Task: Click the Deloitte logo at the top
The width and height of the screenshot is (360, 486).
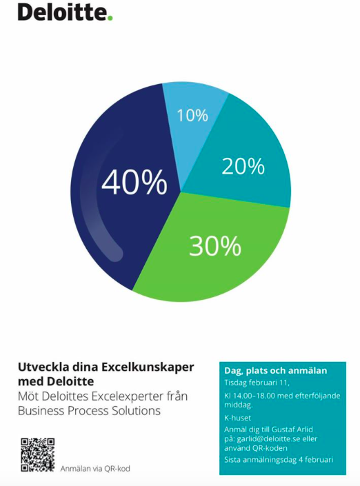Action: point(65,12)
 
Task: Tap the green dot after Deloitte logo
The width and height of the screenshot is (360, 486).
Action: point(110,18)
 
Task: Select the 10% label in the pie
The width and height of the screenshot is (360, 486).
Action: point(192,115)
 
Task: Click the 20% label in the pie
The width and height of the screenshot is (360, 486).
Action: point(243,166)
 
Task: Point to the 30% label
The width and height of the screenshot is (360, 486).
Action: point(215,246)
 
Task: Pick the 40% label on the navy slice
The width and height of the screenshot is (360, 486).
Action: point(134,182)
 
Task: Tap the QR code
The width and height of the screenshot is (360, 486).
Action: point(38,455)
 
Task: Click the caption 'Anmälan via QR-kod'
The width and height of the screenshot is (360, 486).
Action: point(95,468)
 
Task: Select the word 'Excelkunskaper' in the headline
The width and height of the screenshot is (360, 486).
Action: point(148,367)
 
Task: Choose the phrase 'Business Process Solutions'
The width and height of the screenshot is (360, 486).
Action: point(89,411)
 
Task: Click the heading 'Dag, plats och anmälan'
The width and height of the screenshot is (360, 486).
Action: point(276,371)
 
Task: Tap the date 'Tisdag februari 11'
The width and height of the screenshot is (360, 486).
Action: point(257,383)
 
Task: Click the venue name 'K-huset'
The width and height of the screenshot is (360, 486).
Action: point(237,418)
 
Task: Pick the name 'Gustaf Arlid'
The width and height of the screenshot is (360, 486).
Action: point(292,429)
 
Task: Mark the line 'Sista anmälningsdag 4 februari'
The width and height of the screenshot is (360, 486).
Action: point(279,460)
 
